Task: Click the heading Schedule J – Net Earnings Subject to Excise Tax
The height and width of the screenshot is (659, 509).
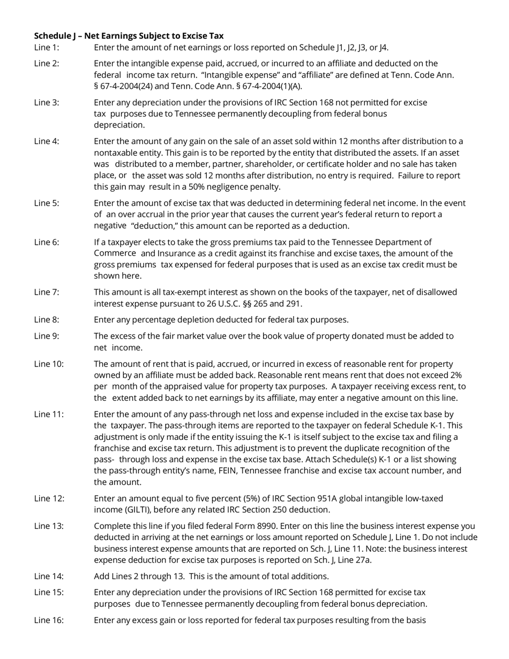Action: pyautogui.click(x=129, y=36)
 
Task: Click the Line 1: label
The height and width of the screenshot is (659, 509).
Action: pyautogui.click(x=47, y=48)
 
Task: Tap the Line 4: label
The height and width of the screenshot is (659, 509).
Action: pyautogui.click(x=47, y=141)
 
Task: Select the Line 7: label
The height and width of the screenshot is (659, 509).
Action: pyautogui.click(x=47, y=293)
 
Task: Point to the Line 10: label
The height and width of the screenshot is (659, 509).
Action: pyautogui.click(x=49, y=364)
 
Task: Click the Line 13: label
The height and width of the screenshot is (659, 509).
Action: pyautogui.click(x=49, y=526)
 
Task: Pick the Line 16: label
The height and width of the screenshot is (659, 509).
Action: pyautogui.click(x=49, y=620)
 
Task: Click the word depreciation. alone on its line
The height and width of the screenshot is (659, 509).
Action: pyautogui.click(x=119, y=125)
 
